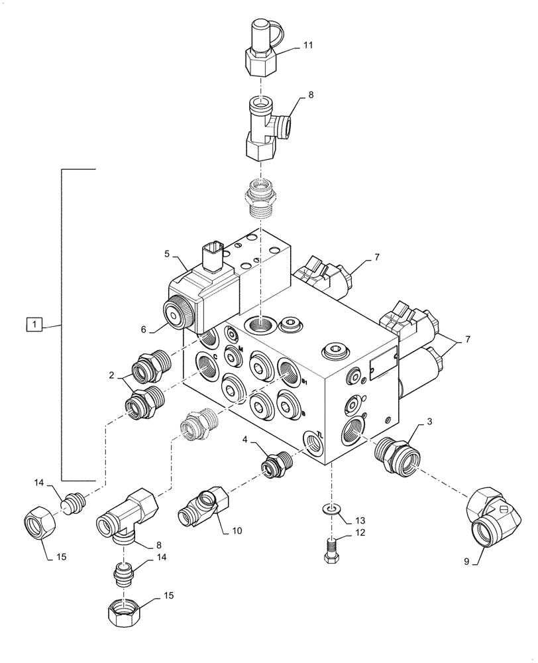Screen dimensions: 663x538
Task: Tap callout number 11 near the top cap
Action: click(308, 45)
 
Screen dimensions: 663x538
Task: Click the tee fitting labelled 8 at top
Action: click(264, 126)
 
